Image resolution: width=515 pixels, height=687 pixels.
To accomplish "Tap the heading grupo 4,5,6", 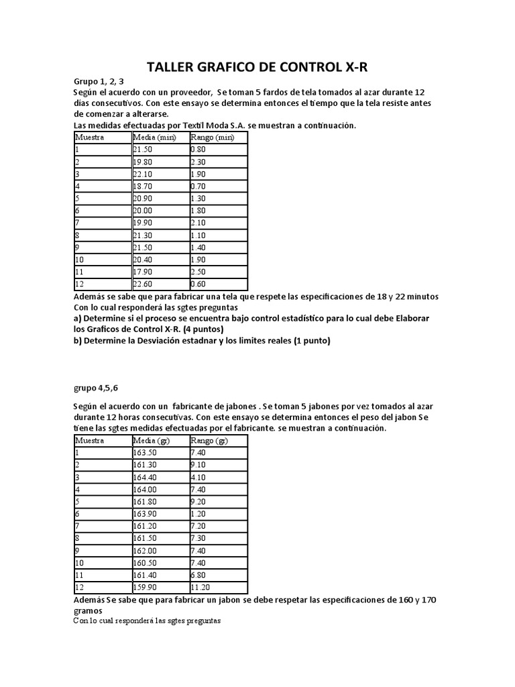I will click(x=97, y=387).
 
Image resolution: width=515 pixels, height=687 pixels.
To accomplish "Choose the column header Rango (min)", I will click(x=212, y=138).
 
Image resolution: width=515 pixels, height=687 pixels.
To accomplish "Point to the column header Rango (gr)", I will click(x=210, y=441).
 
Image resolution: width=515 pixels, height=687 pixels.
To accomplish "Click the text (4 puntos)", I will click(x=198, y=329).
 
